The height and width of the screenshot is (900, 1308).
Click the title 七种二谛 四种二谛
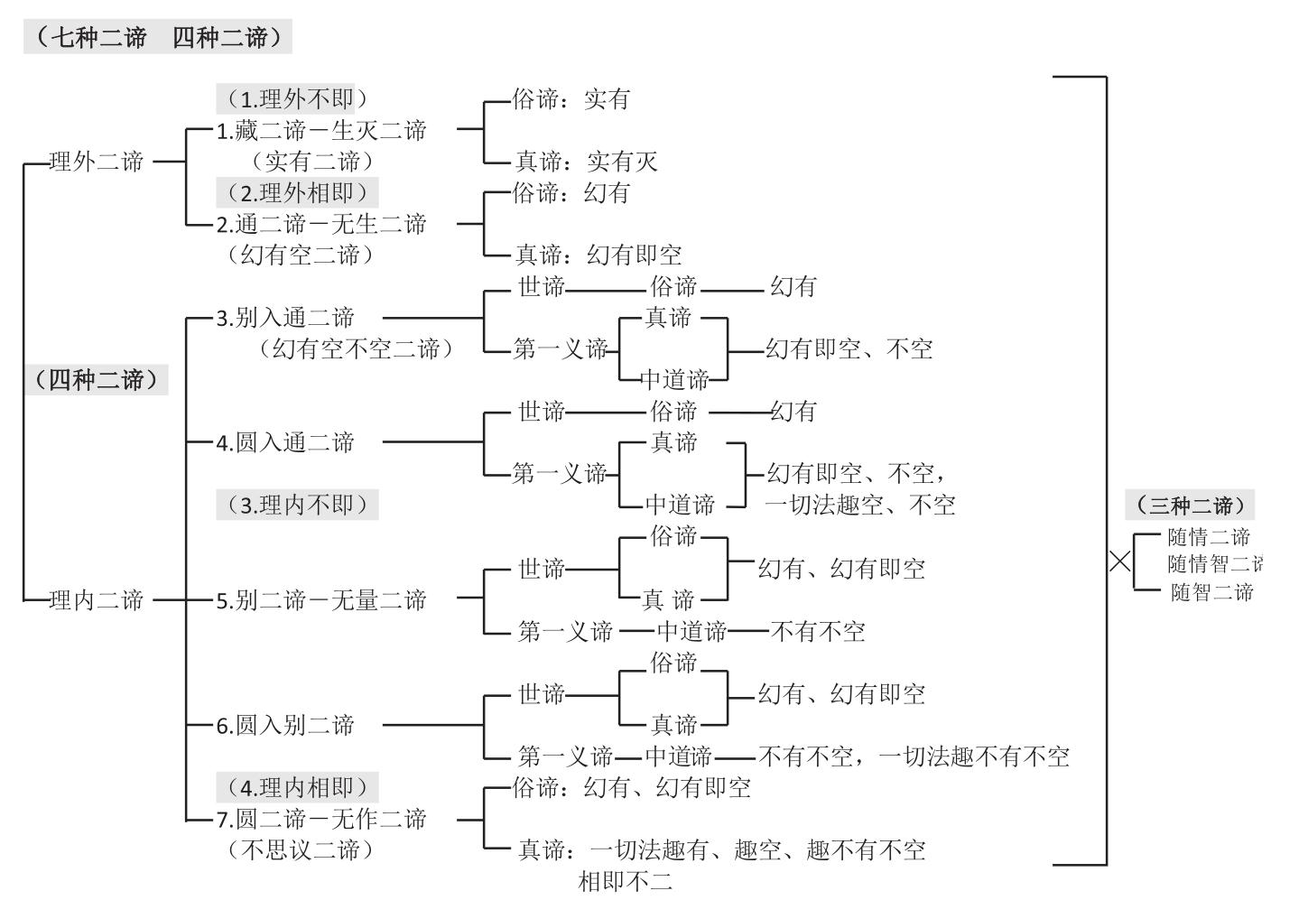pos(158,38)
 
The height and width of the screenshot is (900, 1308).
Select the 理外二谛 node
pos(97,162)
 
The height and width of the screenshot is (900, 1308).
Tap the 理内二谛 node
pos(97,600)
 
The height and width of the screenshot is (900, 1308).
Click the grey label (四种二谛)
pos(97,380)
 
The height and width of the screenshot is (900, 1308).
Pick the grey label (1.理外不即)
pos(297,98)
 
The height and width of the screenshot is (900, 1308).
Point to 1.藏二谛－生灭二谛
pos(321,131)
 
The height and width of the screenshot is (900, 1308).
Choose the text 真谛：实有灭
pos(586,162)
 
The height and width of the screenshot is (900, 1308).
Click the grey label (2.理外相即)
pos(297,192)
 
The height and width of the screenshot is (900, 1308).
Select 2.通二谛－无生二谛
pos(321,224)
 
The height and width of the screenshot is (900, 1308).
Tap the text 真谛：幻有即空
pos(598,255)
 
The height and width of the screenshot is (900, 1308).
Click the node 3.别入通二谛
pos(285,318)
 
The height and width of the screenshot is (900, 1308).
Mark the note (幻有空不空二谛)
pos(356,348)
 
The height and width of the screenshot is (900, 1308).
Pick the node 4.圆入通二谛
pos(285,442)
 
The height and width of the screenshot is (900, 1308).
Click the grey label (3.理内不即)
pos(297,505)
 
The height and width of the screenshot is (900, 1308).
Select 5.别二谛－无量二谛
pos(321,600)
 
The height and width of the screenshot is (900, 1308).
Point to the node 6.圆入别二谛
pos(285,725)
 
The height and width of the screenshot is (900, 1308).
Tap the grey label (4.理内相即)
pos(297,787)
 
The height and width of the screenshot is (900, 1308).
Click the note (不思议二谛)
pos(300,849)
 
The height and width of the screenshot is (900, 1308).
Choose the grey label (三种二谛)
pos(1190,506)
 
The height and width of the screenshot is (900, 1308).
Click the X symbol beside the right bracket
pos(1120,561)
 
